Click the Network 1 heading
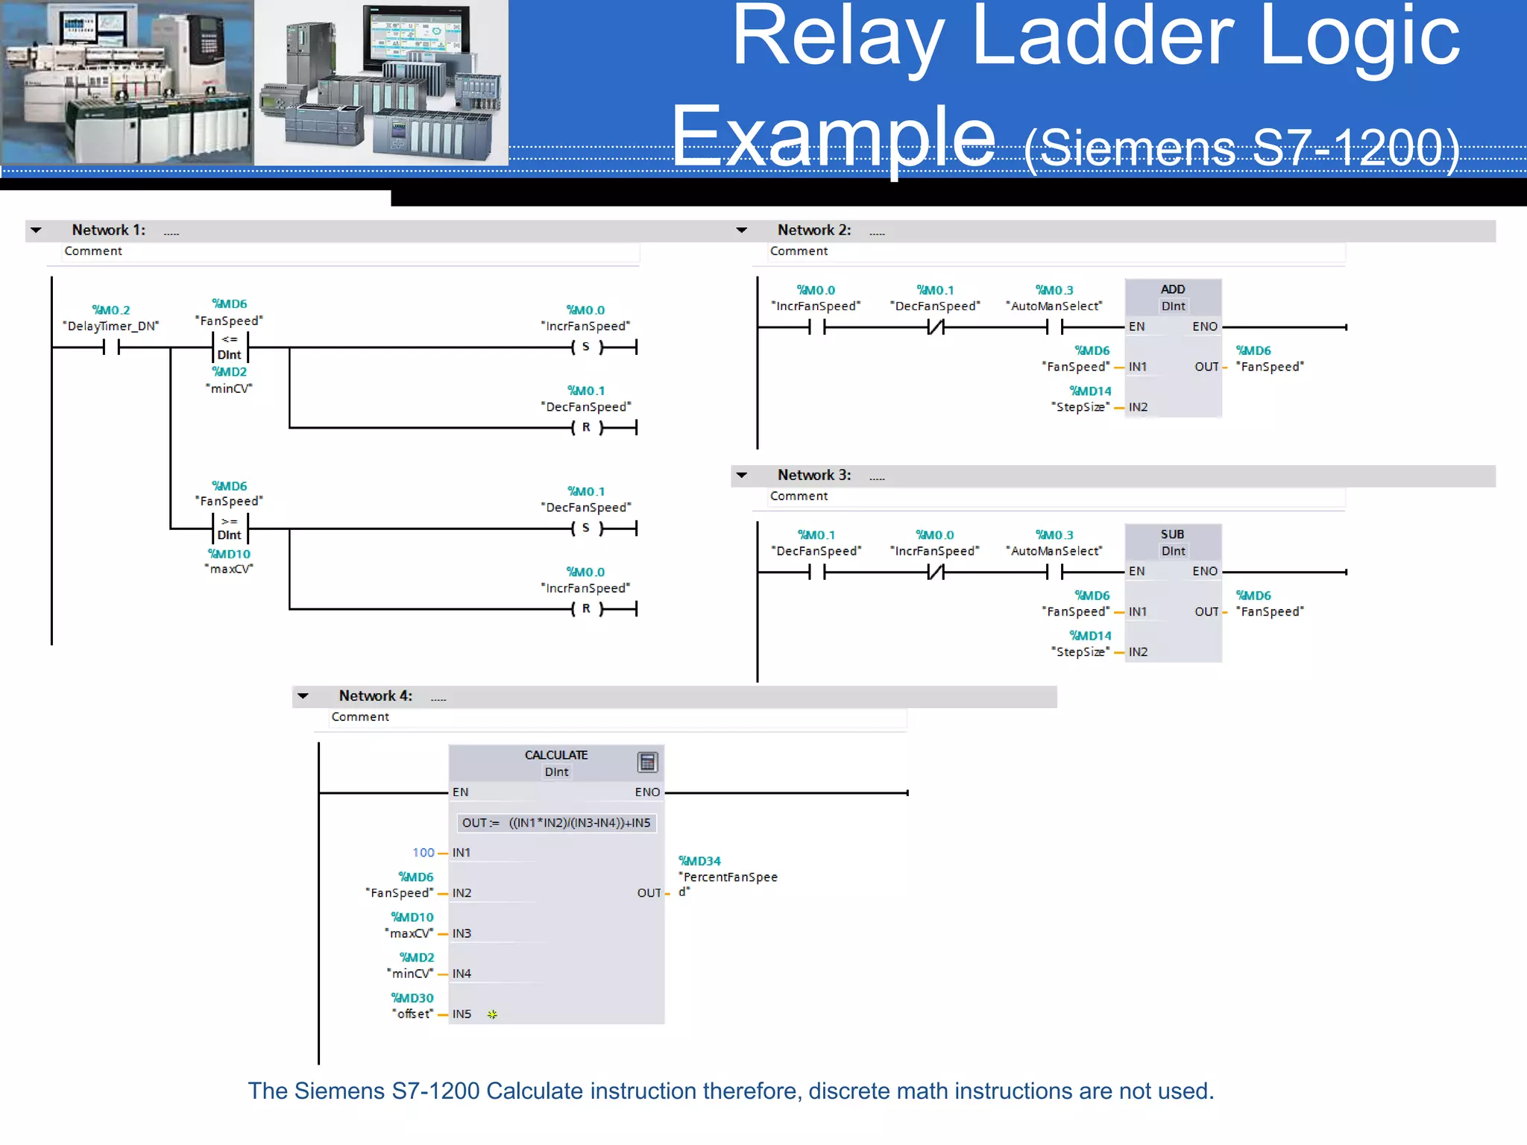coord(108,230)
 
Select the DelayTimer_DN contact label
coord(111,327)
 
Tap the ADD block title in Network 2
coord(1172,289)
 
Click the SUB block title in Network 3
coord(1172,534)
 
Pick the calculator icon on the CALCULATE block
coord(647,762)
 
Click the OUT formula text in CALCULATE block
coord(556,823)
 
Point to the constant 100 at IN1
coord(423,852)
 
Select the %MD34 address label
coord(699,861)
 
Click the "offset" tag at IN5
coord(412,1014)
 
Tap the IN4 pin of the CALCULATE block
coord(462,974)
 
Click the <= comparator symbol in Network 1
coord(229,340)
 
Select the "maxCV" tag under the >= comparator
coord(229,569)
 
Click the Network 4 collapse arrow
coord(303,696)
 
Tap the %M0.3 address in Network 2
coord(1054,290)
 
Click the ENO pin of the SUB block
coord(1204,571)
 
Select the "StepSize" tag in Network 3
coord(1080,652)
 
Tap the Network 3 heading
coord(813,476)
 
